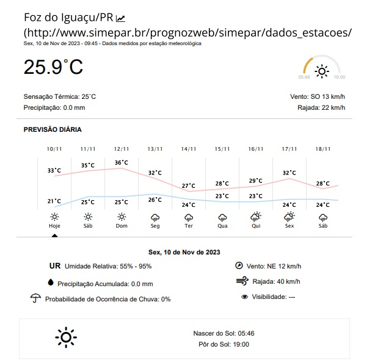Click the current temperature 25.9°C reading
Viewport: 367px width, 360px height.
[x=53, y=67]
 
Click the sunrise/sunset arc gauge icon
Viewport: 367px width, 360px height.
[x=322, y=68]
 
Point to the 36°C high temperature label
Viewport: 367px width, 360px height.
[x=122, y=162]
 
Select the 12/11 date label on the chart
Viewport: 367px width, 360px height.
[x=122, y=149]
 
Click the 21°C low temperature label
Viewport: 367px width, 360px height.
[x=54, y=201]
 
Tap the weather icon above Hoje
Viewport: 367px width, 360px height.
[x=54, y=217]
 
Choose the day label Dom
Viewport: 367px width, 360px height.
[x=122, y=226]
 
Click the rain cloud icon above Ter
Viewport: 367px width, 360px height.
[x=189, y=217]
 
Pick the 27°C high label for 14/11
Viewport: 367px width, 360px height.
[x=189, y=185]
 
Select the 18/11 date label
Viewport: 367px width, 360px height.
[x=323, y=149]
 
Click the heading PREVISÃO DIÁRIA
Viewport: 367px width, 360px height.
[x=53, y=129]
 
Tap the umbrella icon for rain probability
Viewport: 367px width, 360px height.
[x=35, y=298]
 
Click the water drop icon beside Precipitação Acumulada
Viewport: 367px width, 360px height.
[x=51, y=283]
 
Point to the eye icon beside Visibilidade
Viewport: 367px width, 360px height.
[x=245, y=297]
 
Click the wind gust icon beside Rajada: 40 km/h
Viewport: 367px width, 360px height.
[x=242, y=281]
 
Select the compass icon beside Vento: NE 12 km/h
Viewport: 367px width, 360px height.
[x=239, y=265]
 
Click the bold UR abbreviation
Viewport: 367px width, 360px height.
[x=55, y=266]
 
